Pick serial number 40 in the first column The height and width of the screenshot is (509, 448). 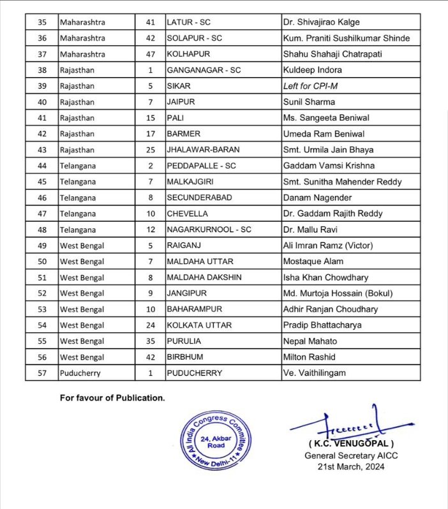click(x=43, y=102)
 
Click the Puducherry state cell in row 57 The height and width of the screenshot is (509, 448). click(x=80, y=373)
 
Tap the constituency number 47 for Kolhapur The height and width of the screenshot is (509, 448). click(x=150, y=54)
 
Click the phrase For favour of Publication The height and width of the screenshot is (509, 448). click(x=112, y=398)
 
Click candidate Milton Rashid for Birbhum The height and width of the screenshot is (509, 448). click(x=310, y=357)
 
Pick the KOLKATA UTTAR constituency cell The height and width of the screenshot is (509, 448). click(x=198, y=325)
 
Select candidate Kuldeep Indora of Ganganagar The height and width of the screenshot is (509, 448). click(x=313, y=70)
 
